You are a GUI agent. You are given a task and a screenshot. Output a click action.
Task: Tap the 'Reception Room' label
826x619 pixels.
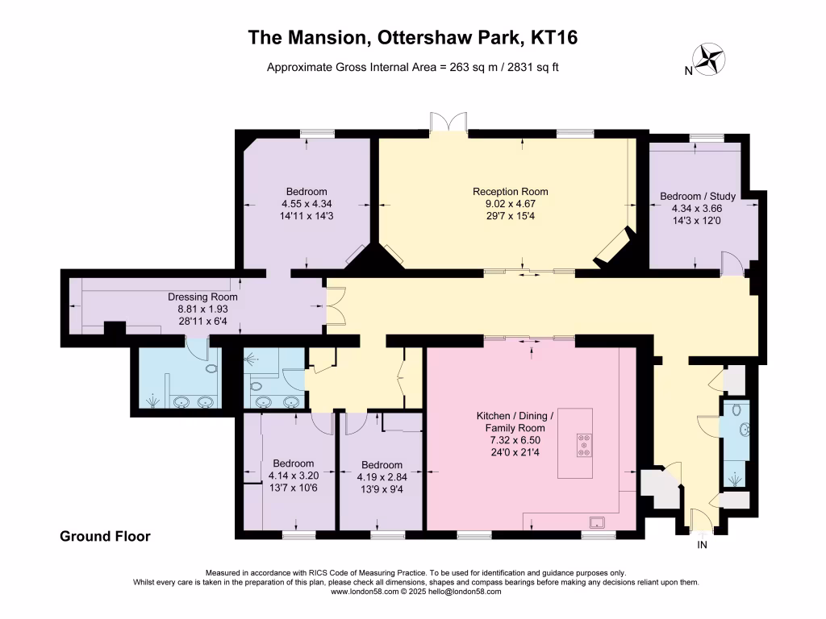point(510,192)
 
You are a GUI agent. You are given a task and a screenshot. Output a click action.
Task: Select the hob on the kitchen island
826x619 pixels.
point(582,446)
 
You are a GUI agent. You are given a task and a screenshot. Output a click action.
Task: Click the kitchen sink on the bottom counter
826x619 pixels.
point(599,521)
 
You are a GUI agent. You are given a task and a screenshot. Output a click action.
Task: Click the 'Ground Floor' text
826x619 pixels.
point(105,536)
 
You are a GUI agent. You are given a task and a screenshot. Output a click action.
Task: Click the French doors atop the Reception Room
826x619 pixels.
point(448,121)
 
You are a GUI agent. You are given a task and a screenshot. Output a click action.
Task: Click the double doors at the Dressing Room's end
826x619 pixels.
point(333,306)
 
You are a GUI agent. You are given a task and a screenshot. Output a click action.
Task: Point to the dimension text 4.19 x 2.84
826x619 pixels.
point(382,476)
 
